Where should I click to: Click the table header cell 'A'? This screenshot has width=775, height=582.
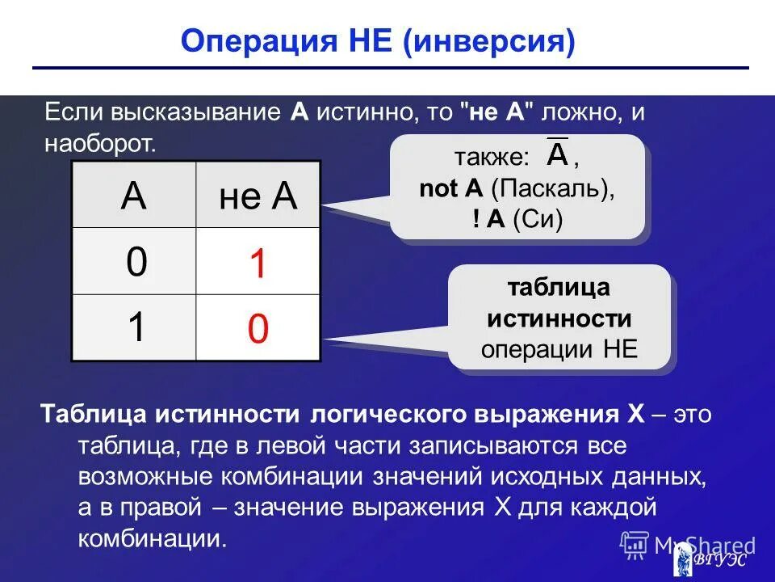(133, 196)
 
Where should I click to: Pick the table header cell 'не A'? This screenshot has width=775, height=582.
(258, 196)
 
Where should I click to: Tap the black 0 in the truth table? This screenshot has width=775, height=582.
(136, 262)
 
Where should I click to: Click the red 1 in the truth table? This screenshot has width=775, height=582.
(258, 264)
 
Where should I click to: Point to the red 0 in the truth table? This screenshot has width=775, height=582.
(258, 330)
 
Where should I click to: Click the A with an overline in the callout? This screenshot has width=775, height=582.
(557, 154)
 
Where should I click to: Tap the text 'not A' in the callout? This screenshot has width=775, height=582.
(450, 189)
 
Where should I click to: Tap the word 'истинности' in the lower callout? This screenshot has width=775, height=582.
(559, 318)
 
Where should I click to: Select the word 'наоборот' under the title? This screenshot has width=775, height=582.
(98, 145)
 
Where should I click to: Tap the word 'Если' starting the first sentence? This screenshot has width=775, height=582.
(70, 112)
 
